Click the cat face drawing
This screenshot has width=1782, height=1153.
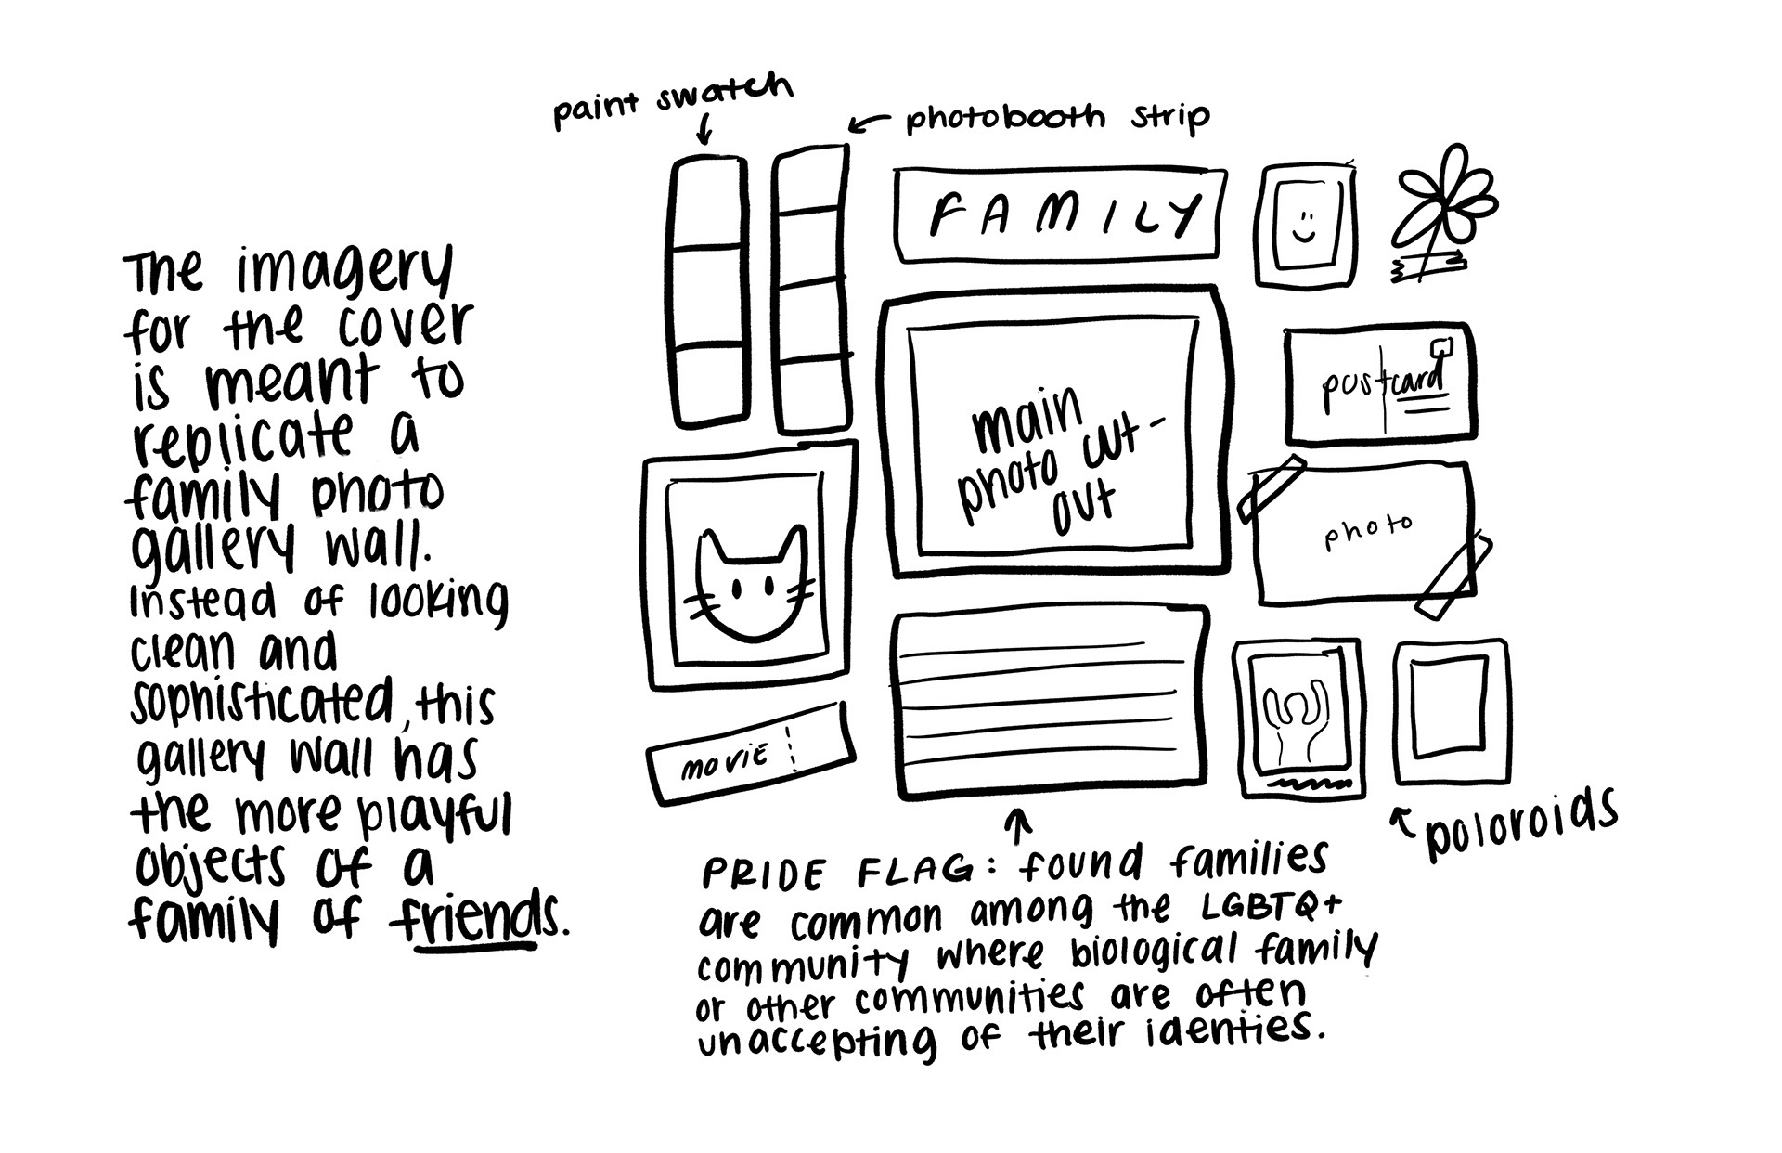coord(752,585)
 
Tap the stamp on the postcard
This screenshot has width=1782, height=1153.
coord(1440,349)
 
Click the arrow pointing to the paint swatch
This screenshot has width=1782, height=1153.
coord(704,129)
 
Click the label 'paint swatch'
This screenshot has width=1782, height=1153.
coord(673,99)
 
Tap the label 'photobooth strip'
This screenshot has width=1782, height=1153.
coord(1058,118)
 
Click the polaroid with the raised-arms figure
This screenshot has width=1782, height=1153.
coord(1298,719)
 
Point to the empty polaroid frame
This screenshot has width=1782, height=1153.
coord(1452,711)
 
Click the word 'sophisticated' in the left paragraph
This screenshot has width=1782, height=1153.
coord(262,703)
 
